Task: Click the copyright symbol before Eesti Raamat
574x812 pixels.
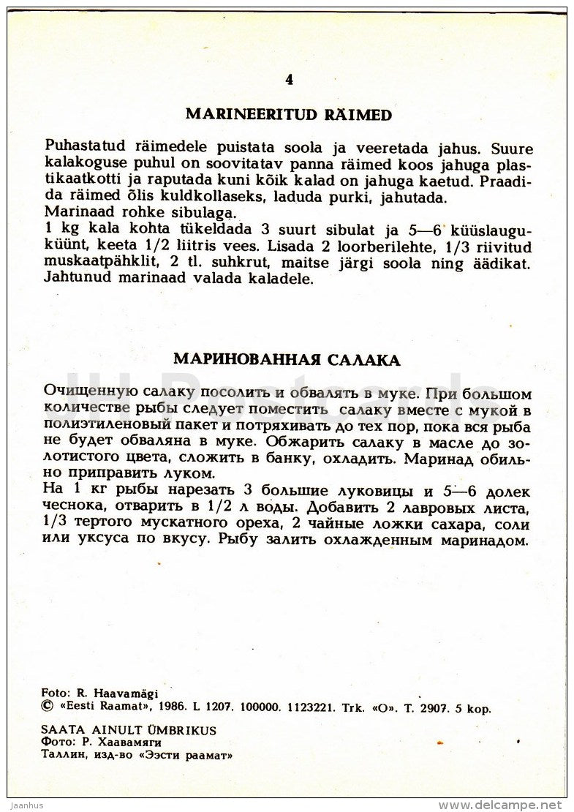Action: (x=49, y=707)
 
